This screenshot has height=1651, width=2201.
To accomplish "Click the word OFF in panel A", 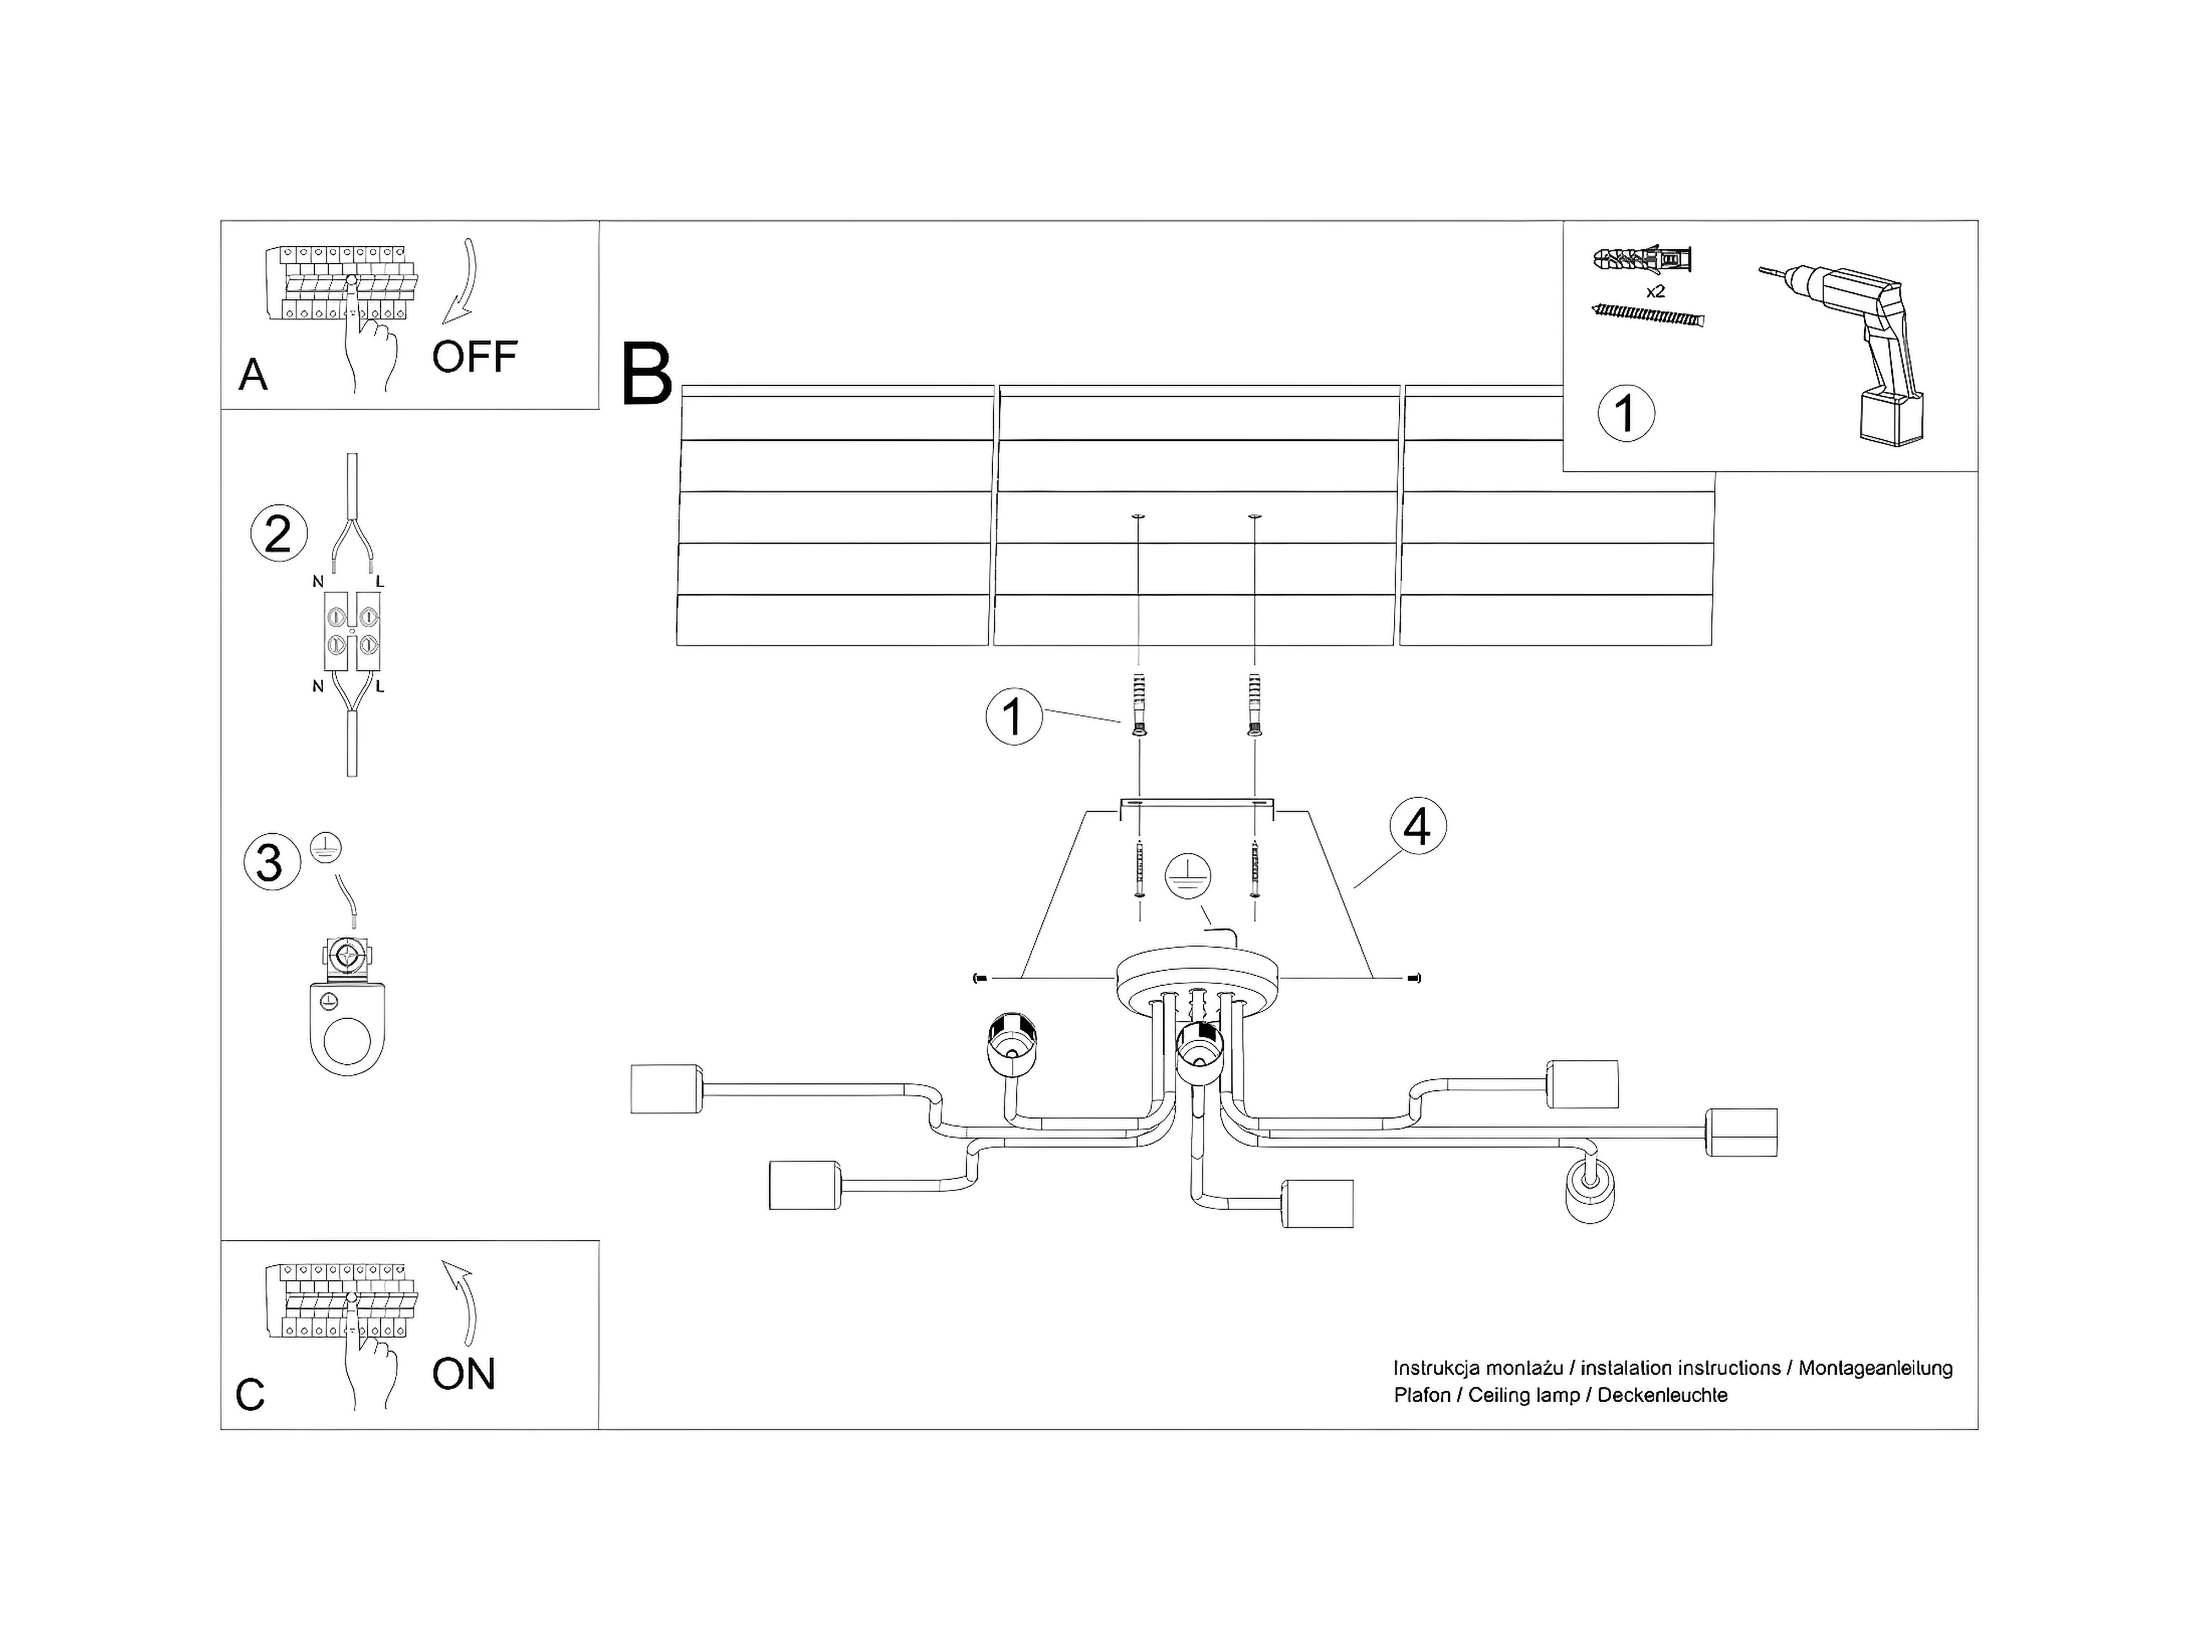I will [x=475, y=356].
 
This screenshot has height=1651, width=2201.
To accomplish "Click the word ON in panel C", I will [x=464, y=1374].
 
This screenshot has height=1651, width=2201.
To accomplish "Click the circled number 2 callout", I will [x=278, y=534].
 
